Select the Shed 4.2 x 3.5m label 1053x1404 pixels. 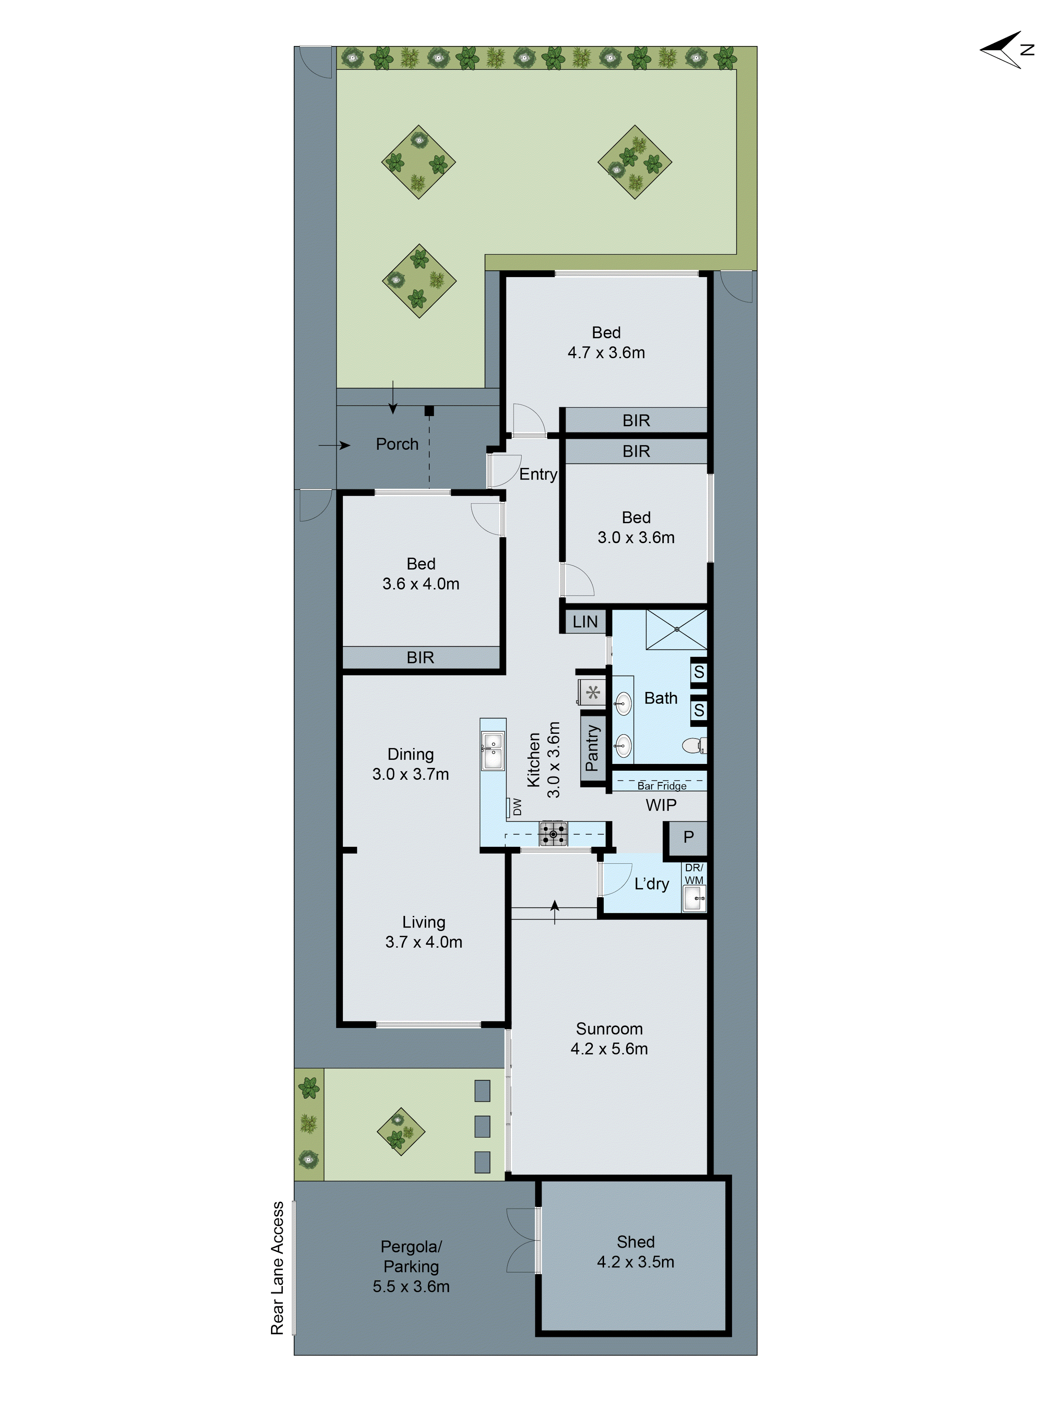tap(635, 1252)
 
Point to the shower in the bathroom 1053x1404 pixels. tap(676, 629)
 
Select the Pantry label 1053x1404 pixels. tap(591, 748)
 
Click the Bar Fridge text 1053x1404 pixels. tap(661, 786)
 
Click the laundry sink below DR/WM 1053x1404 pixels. tap(693, 898)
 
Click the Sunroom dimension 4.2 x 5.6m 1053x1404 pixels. tap(609, 1049)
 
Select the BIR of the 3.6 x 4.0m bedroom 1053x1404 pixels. tap(420, 658)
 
